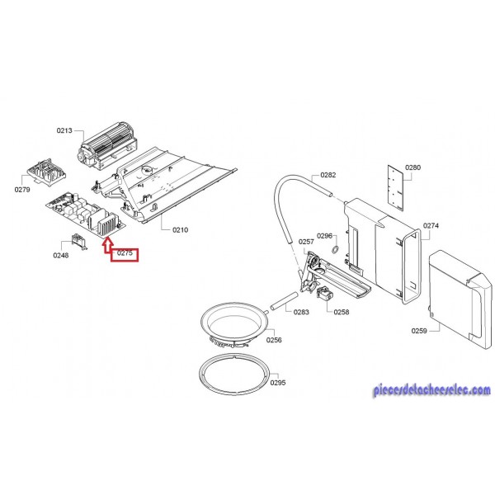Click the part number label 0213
point(64,130)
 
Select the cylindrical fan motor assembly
point(107,145)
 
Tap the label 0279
point(22,190)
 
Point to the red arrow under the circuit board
point(108,245)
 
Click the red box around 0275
point(125,255)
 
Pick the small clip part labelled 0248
point(79,242)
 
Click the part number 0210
point(180,230)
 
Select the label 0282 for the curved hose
point(328,175)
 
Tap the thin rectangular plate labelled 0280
point(395,187)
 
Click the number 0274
point(431,226)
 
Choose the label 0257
point(306,242)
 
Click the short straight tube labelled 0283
point(284,301)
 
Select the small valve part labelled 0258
point(325,294)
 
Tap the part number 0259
point(419,331)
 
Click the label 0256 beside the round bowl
point(274,340)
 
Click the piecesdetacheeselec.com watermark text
point(431,390)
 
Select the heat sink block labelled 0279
point(46,172)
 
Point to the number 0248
point(61,255)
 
